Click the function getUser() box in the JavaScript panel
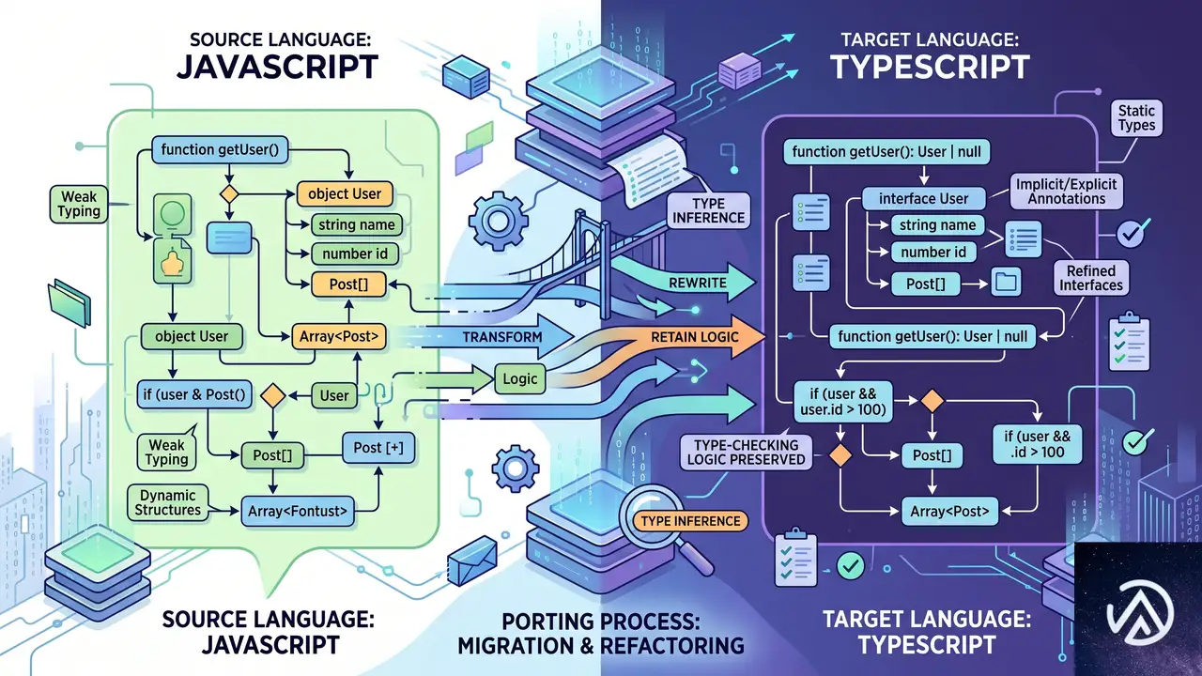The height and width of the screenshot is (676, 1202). tap(220, 149)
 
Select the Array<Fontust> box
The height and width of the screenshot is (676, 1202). tap(298, 511)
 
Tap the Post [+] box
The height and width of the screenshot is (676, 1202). tap(378, 448)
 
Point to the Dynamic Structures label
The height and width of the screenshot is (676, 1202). tap(167, 502)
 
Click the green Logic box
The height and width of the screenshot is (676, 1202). tap(520, 379)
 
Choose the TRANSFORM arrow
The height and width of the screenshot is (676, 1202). tap(494, 337)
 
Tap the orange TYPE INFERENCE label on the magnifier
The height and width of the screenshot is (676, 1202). tap(690, 521)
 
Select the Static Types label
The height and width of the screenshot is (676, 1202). tap(1136, 118)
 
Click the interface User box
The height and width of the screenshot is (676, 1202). tap(923, 198)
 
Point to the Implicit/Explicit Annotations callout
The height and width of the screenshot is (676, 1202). tap(1066, 192)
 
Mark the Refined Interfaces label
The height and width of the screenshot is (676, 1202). tap(1091, 278)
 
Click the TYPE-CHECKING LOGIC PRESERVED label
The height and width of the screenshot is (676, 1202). tap(746, 453)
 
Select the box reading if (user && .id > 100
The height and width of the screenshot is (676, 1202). tap(1037, 444)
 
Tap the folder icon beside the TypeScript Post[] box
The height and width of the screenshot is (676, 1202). tap(1006, 283)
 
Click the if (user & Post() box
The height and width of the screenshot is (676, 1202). tap(193, 395)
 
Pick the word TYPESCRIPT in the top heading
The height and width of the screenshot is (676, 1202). tap(930, 67)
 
